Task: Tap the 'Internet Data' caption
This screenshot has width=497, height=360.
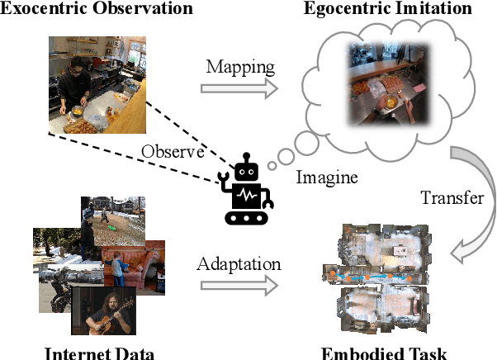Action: (x=98, y=353)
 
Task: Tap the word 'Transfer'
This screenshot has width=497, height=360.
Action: (x=447, y=198)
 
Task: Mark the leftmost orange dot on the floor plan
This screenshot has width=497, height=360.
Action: (x=334, y=272)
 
